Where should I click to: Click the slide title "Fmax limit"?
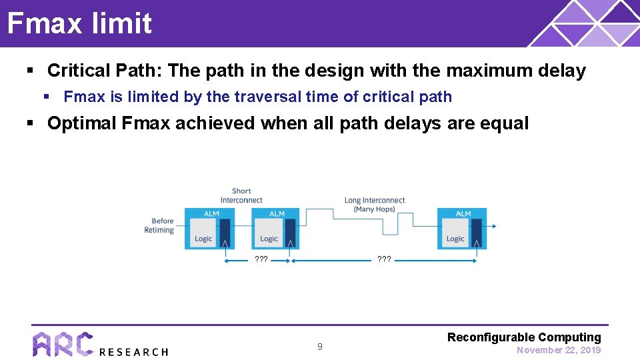point(79,23)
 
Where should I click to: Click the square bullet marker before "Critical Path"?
point(30,71)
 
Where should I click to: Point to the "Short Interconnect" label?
point(241,196)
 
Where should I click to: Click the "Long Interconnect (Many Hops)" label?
point(374,205)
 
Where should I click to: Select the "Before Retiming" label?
point(159,225)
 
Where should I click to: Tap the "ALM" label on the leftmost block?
point(211,213)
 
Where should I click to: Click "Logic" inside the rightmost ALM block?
point(455,239)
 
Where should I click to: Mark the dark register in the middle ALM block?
point(291,233)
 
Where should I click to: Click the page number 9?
point(319,347)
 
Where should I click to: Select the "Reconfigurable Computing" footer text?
point(523,337)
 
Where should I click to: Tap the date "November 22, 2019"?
point(558,350)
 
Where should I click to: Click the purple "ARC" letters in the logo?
point(63,344)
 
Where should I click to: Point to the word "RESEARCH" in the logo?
point(133,351)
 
